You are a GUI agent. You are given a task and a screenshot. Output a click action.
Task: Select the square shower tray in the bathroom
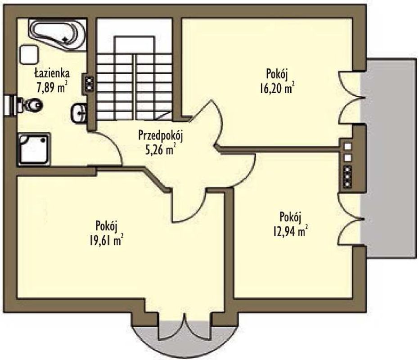click(x=34, y=149)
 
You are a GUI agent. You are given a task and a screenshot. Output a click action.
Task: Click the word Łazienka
click(x=52, y=73)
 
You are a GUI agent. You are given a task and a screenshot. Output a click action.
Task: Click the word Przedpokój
click(x=161, y=135)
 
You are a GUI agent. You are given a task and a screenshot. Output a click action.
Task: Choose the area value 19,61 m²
click(x=107, y=240)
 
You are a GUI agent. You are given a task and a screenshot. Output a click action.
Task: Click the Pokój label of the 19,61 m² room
click(x=107, y=226)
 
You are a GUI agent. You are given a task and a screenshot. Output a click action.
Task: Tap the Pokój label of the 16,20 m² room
click(x=277, y=74)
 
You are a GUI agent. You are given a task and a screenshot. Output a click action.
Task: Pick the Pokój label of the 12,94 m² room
click(x=290, y=217)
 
